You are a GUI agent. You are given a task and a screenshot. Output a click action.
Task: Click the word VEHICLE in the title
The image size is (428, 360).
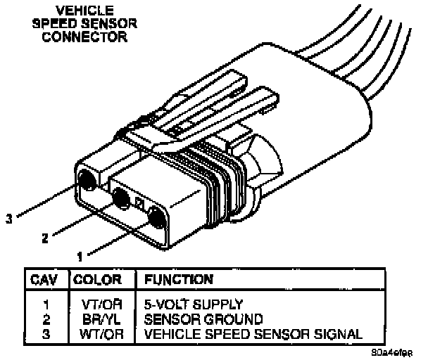point(84,11)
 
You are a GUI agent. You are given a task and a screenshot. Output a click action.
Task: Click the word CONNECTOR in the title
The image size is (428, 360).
point(84,37)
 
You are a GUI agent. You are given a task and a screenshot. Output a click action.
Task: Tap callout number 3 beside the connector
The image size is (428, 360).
point(8,219)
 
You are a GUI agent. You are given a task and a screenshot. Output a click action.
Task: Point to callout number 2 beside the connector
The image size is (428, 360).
point(45,238)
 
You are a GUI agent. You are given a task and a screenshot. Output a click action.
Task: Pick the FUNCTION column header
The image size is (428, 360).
point(179,279)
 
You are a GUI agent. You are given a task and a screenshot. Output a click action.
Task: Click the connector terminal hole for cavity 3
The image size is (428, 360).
point(89,180)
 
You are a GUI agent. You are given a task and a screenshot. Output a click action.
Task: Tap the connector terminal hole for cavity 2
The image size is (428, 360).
point(120,199)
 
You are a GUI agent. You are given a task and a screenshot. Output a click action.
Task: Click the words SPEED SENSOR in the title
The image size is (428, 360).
point(84,23)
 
